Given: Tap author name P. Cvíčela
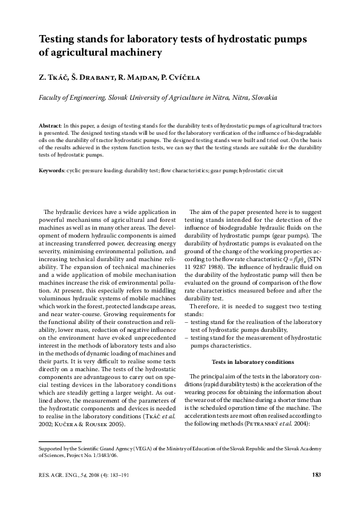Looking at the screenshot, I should (x=191, y=77).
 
